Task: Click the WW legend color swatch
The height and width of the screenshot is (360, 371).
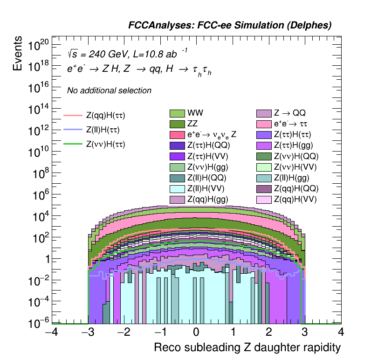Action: click(178, 113)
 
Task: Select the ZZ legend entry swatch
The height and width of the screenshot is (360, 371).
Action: click(178, 124)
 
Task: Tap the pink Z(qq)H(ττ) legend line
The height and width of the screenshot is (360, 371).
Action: click(73, 115)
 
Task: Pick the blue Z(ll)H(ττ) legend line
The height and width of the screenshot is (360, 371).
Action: click(73, 130)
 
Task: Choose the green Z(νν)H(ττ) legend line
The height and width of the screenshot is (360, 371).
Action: click(73, 144)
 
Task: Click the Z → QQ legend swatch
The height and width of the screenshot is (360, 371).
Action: click(264, 113)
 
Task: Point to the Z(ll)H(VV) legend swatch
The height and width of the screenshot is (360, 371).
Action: click(178, 188)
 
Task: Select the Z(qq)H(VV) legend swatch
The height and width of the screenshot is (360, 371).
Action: click(264, 199)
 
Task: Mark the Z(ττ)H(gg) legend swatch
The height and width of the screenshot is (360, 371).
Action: click(264, 145)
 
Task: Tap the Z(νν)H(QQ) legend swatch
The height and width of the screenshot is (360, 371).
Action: click(264, 156)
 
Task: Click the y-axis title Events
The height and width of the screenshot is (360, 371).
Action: click(18, 54)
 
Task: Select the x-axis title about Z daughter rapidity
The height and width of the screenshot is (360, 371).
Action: click(247, 348)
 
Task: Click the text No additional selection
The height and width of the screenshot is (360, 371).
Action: click(109, 90)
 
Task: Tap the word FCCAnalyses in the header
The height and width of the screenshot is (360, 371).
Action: click(156, 26)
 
